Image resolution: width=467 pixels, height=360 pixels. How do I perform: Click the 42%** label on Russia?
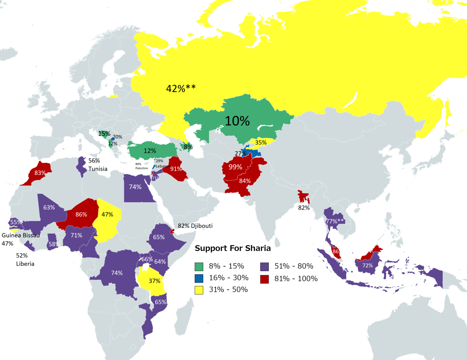[x=181, y=88]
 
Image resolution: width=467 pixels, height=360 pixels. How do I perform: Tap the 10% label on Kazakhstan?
[x=237, y=121]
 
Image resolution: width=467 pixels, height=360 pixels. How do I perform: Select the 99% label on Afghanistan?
[x=235, y=167]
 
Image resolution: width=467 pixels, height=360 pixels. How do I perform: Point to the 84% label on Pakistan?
[x=245, y=181]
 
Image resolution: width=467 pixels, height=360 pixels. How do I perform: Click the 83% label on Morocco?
[x=40, y=173]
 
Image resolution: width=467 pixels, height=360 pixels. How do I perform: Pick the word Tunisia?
[x=98, y=169]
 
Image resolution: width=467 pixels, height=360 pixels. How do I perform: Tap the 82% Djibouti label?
[x=195, y=226]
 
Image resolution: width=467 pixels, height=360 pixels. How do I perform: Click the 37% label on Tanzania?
[x=154, y=281]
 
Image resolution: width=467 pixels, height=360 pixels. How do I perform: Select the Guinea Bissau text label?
[x=21, y=235]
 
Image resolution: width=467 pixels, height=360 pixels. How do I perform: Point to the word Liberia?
[x=25, y=264]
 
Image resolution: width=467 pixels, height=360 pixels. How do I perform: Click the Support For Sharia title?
[x=233, y=248]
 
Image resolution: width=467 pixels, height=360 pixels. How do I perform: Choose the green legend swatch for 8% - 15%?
[x=199, y=266]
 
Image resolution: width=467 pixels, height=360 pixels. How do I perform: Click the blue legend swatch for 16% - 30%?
[x=199, y=278]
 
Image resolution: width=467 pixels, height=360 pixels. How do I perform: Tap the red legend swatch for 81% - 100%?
[x=265, y=279]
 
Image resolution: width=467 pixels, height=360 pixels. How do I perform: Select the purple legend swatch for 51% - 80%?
[x=265, y=266]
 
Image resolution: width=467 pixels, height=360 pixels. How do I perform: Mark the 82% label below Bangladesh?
[x=304, y=208]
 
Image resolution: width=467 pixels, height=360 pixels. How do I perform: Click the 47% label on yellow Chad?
[x=107, y=214]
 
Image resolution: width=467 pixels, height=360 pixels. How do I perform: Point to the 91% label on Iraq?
[x=176, y=169]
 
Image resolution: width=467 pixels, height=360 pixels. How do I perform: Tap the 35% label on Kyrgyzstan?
[x=261, y=142]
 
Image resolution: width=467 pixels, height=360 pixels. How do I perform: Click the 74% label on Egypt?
[x=135, y=187]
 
